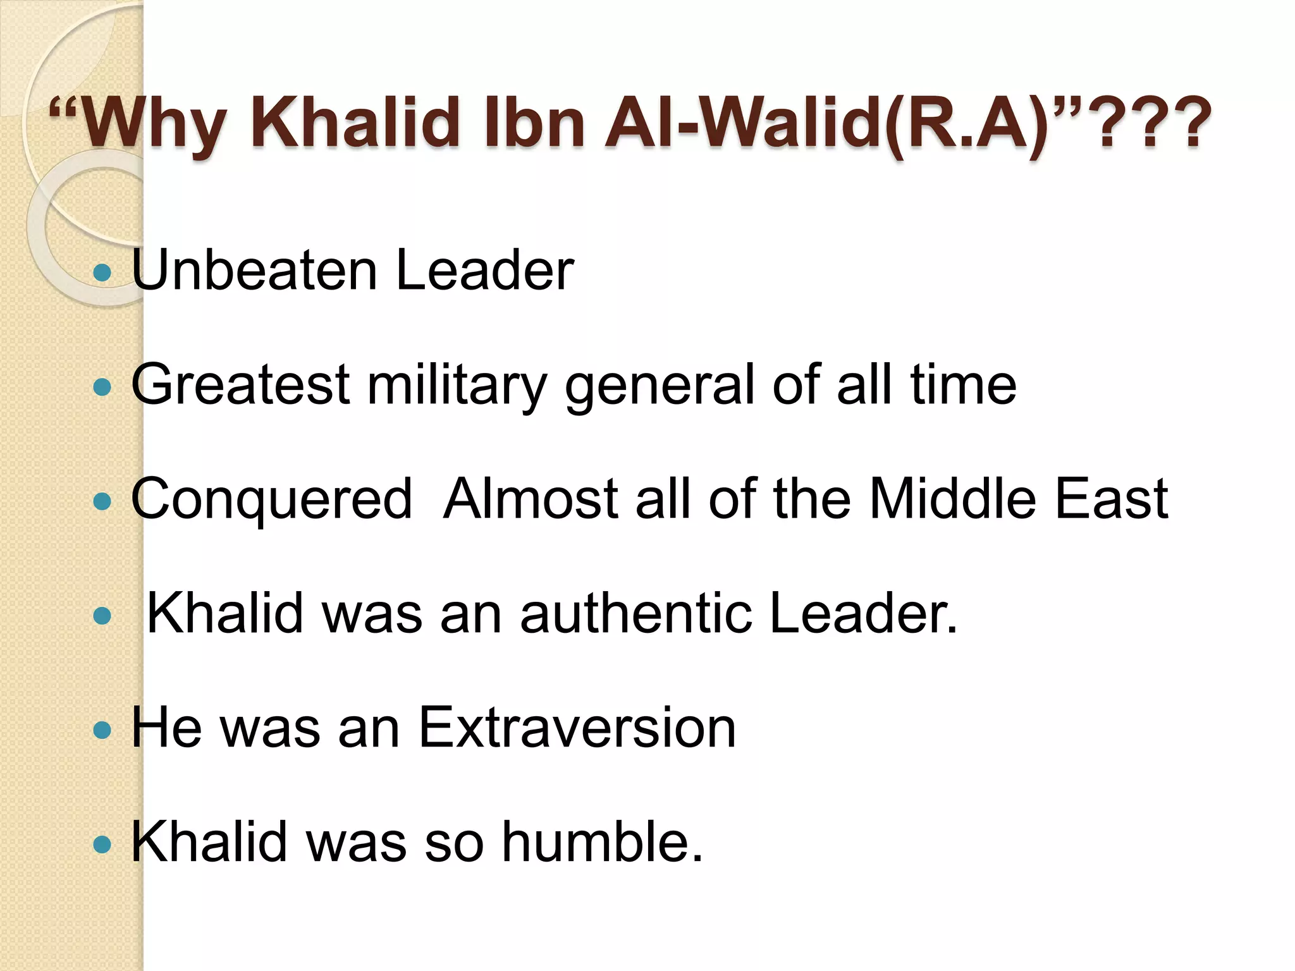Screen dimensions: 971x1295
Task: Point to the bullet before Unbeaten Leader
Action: (x=102, y=273)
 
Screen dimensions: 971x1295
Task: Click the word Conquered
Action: (x=272, y=499)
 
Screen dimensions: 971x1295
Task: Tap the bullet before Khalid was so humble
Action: (x=102, y=844)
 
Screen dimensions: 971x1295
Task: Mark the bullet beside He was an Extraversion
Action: (x=102, y=731)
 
